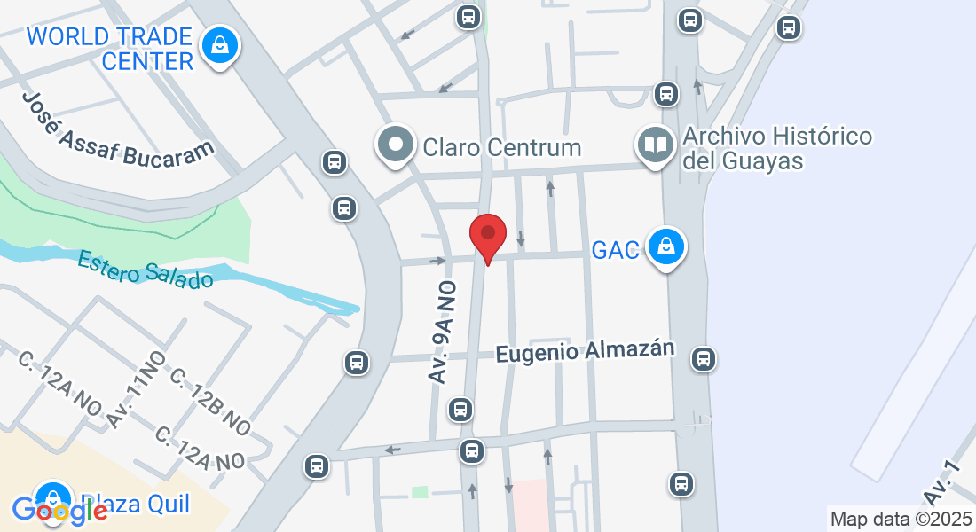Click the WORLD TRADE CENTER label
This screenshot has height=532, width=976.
click(x=110, y=49)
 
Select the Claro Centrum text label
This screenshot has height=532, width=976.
click(x=502, y=147)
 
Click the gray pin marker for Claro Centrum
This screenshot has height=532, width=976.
click(x=396, y=145)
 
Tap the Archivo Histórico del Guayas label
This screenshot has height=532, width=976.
click(x=777, y=149)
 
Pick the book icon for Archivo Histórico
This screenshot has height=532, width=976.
click(x=657, y=145)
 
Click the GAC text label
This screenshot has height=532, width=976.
click(x=616, y=251)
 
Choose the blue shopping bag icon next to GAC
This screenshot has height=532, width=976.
click(x=666, y=247)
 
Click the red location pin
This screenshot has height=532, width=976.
click(x=487, y=236)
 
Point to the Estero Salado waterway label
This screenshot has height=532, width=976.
click(x=146, y=270)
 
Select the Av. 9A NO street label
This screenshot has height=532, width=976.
click(x=442, y=332)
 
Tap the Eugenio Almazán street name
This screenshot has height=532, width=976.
click(x=586, y=351)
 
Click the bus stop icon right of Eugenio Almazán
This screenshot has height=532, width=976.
click(x=704, y=359)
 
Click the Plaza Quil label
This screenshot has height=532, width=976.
click(x=135, y=504)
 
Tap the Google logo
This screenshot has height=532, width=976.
click(x=59, y=510)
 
